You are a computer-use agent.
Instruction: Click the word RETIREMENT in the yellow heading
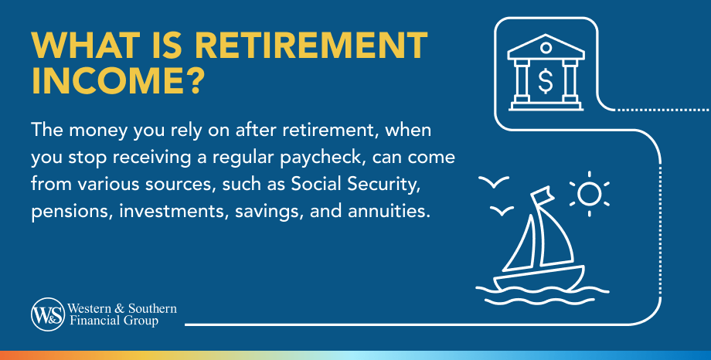(311, 45)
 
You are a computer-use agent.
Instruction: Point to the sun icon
(589, 194)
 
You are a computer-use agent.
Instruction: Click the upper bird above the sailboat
(494, 182)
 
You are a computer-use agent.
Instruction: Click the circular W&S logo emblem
(48, 314)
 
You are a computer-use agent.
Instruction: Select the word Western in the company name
(90, 309)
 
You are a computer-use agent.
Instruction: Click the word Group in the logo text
(141, 321)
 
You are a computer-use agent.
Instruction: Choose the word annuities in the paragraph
(389, 211)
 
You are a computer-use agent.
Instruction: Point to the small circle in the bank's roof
(546, 48)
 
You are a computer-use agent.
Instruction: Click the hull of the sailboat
(538, 278)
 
